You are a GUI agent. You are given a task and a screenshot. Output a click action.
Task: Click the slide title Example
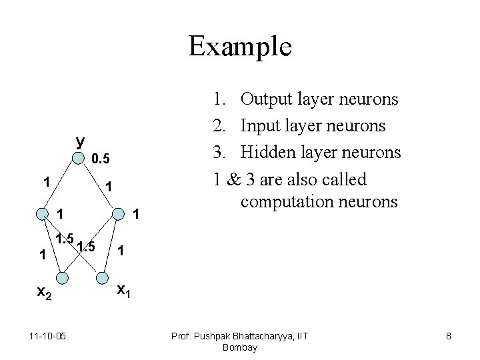240,47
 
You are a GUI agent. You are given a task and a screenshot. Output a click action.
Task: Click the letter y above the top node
81,141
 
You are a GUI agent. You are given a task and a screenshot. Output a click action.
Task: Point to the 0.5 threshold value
105,160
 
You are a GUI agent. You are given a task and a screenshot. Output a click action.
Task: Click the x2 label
44,291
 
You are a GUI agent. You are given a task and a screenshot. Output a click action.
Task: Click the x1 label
124,289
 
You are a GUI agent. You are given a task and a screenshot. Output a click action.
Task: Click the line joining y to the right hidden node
100,186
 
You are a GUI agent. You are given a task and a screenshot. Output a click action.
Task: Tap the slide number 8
449,336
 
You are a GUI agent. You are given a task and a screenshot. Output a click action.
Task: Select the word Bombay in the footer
240,347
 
